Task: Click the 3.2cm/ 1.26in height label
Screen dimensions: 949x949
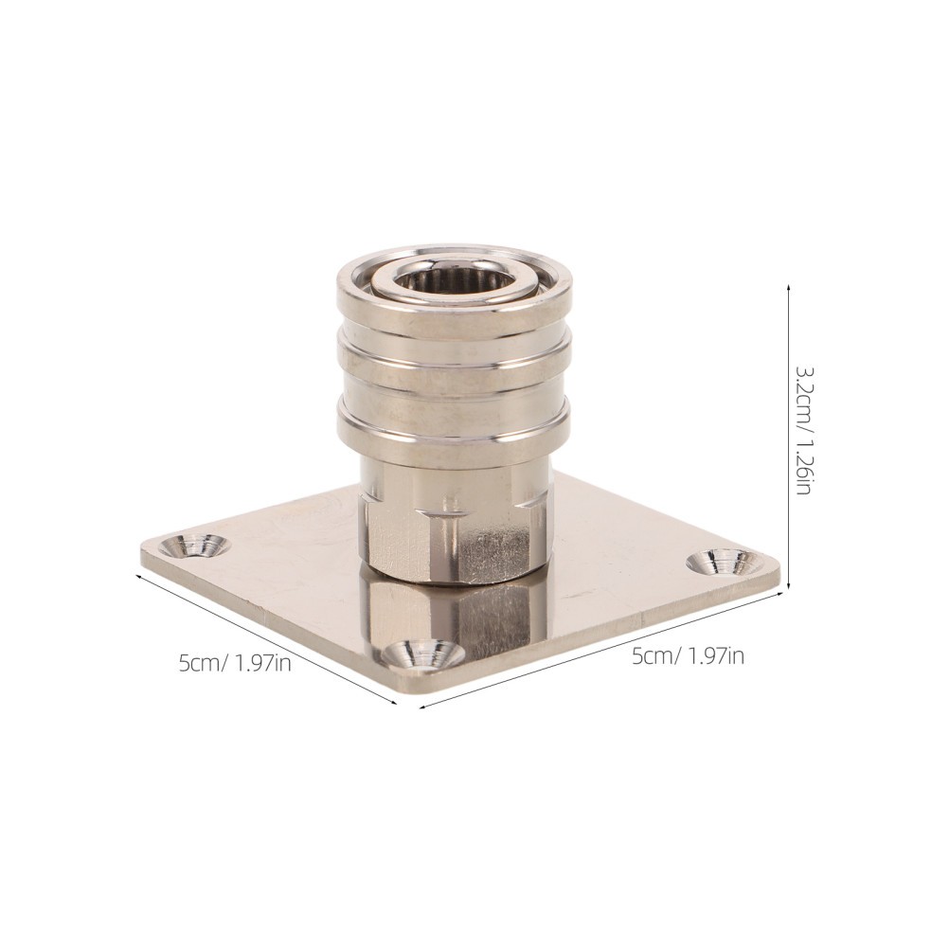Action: tap(802, 430)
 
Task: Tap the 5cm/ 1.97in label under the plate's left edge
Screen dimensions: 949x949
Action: tap(235, 663)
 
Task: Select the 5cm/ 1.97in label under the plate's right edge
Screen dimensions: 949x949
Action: tap(689, 655)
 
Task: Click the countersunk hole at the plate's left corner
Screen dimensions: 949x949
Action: tap(196, 545)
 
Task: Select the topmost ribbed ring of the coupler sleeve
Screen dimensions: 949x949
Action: tap(454, 303)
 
